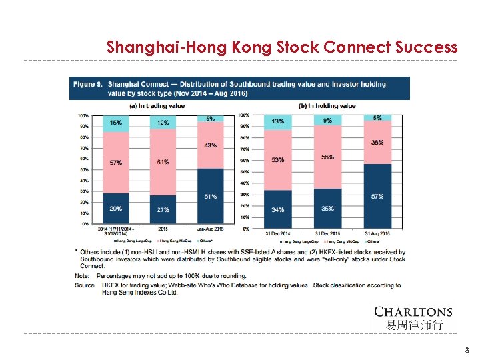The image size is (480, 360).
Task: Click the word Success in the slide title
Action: click(x=425, y=47)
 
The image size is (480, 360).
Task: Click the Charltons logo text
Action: click(x=413, y=312)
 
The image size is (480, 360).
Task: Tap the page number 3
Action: click(x=467, y=349)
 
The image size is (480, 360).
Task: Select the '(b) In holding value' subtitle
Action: click(x=328, y=106)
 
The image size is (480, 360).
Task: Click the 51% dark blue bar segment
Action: click(x=210, y=196)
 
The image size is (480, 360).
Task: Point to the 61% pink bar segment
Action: click(x=163, y=162)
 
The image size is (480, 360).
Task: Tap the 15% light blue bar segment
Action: click(x=116, y=123)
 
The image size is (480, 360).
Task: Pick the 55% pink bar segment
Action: click(x=327, y=157)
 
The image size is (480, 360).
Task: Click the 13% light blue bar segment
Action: click(x=277, y=122)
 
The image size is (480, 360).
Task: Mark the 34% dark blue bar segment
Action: click(x=277, y=209)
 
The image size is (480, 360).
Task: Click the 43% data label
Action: click(x=210, y=145)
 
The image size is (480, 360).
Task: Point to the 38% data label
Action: click(x=377, y=142)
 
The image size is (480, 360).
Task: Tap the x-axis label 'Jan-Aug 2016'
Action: click(x=211, y=229)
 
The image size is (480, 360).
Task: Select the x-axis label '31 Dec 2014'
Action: click(x=278, y=233)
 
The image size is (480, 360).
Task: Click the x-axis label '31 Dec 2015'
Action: click(x=327, y=233)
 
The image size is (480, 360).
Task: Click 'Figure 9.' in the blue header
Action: click(x=88, y=84)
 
